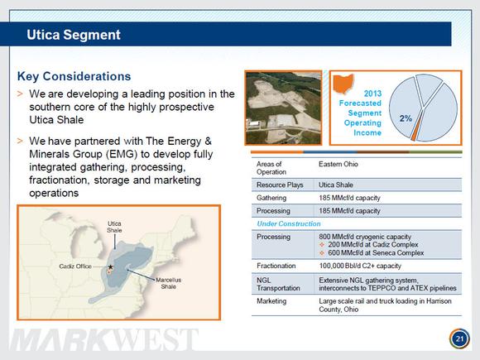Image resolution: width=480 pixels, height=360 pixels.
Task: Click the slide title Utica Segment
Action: (x=74, y=35)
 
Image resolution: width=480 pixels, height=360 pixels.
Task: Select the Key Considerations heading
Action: (x=74, y=76)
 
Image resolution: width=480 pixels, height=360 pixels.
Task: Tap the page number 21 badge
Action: (x=459, y=338)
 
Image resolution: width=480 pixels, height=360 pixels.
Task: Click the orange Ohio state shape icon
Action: (x=343, y=84)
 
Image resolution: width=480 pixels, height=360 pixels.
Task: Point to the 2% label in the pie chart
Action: (x=406, y=118)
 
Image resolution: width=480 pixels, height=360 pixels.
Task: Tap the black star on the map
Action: (x=111, y=267)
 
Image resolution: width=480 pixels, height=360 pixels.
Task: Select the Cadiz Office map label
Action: (x=75, y=266)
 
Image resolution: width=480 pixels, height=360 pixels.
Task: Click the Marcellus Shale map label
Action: (x=168, y=283)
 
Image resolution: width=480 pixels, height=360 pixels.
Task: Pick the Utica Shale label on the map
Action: (x=114, y=227)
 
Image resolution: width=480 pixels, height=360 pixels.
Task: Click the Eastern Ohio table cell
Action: (x=338, y=164)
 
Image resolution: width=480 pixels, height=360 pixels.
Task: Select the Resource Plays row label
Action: (x=280, y=185)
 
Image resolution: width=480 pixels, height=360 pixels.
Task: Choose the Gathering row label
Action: (x=271, y=198)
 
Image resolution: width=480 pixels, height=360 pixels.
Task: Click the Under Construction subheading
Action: (x=289, y=223)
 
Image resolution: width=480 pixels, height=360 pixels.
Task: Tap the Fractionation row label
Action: (x=276, y=266)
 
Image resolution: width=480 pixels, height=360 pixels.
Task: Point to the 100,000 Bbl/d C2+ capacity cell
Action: (x=360, y=266)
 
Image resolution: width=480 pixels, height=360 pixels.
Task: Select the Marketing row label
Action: (x=271, y=301)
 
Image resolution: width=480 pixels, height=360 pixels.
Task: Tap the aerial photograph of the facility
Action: (x=284, y=108)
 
